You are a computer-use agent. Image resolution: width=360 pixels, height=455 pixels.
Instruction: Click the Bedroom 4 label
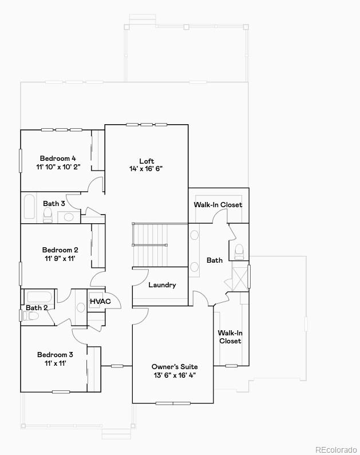(58, 159)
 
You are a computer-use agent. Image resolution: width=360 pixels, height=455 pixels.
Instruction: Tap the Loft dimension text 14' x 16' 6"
(147, 169)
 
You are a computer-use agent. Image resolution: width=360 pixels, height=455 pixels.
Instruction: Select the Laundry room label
(162, 285)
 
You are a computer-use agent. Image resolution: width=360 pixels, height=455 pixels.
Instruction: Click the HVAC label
(100, 302)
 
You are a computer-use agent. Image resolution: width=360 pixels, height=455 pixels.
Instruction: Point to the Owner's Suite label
(175, 366)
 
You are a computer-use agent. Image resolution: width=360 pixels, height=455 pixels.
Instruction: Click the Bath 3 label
(54, 203)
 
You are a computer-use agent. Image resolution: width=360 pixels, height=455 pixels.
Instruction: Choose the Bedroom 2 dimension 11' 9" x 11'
(60, 259)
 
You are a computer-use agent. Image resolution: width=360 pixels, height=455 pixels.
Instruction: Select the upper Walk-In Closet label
(217, 204)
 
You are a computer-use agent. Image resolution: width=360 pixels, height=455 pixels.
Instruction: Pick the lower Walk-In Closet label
(230, 337)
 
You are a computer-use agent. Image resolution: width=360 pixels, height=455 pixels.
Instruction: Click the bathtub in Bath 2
(39, 297)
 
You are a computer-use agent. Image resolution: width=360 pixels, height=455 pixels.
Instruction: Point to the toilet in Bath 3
(48, 215)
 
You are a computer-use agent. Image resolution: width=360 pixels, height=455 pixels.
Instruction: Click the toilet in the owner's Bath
(239, 251)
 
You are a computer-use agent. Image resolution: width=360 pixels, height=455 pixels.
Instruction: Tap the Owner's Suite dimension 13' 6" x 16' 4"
(175, 375)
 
